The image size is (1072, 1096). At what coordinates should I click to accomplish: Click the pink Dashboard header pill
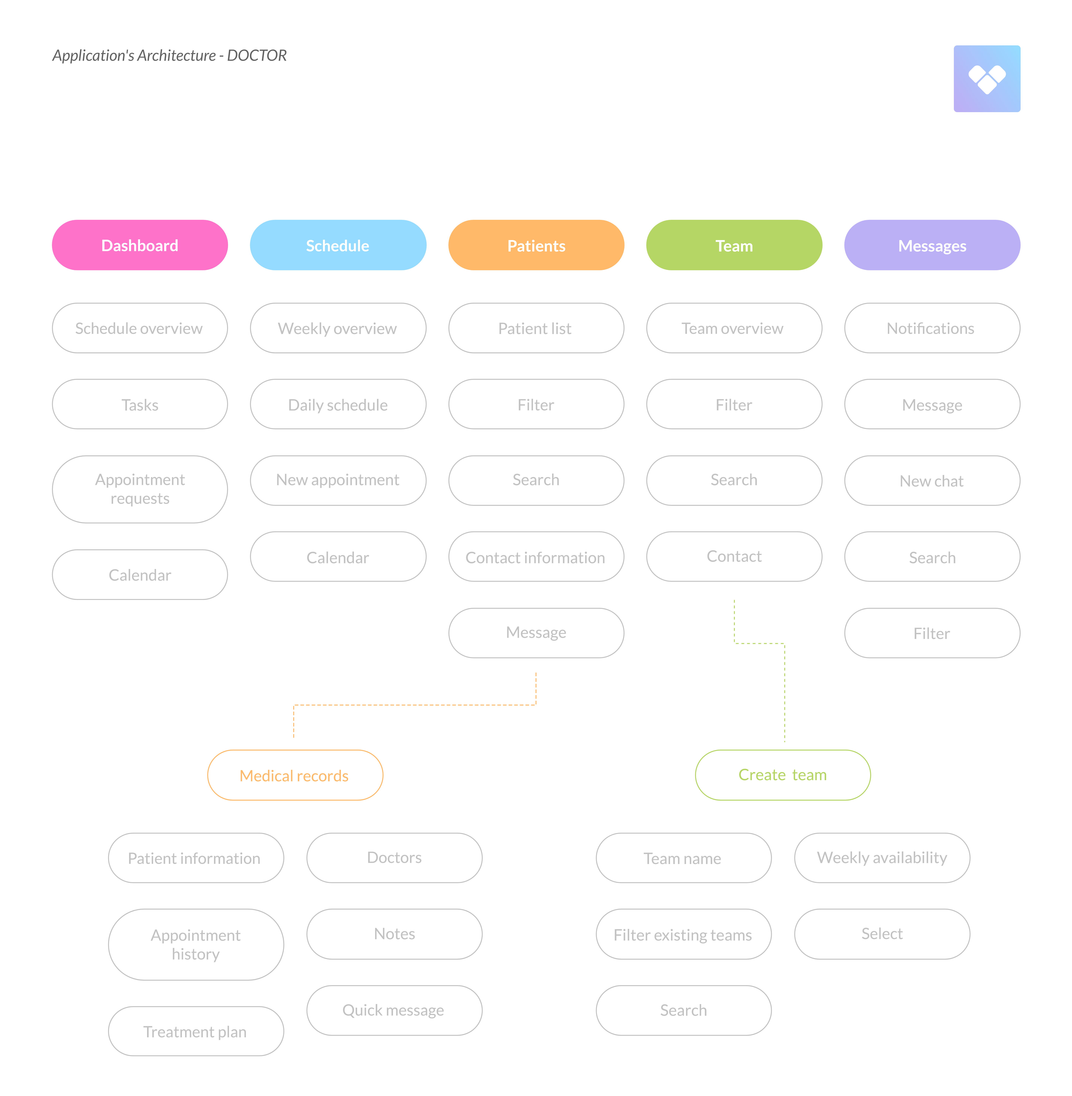(140, 245)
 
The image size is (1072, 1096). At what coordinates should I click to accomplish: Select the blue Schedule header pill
(338, 245)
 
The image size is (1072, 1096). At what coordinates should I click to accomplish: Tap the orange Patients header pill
(536, 245)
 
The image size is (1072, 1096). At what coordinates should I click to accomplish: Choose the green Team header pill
(734, 245)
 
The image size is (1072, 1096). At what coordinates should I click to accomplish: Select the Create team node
(783, 775)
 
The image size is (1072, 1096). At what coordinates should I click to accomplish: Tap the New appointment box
(338, 480)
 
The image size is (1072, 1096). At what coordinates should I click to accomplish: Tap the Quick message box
(394, 1010)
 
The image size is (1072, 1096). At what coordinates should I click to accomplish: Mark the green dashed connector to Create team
(784, 692)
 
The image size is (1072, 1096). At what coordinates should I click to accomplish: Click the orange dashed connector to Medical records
(415, 705)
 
